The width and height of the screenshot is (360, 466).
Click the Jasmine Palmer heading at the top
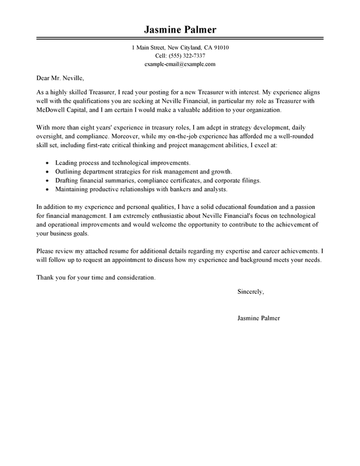click(179, 30)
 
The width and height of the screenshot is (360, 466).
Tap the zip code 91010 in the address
click(221, 47)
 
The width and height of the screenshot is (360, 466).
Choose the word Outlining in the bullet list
click(69, 172)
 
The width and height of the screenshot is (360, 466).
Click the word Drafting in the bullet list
click(67, 181)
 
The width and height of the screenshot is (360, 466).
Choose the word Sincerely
click(250, 291)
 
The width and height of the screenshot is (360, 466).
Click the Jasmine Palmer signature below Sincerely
click(259, 318)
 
